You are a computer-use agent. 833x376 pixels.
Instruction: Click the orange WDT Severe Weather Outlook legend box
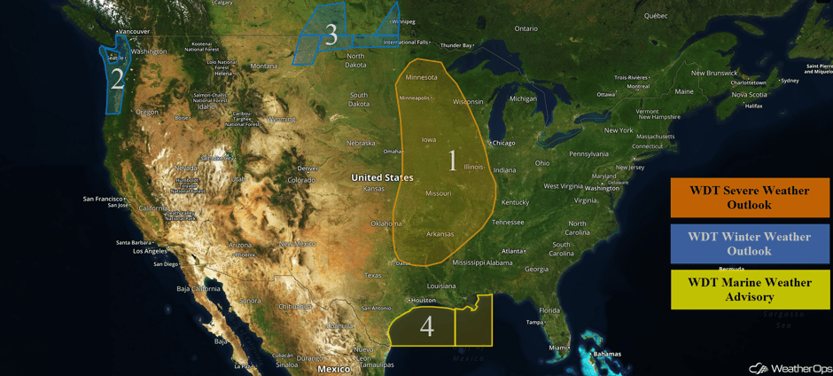pyautogui.click(x=750, y=197)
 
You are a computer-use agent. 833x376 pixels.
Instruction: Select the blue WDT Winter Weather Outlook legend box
pyautogui.click(x=750, y=244)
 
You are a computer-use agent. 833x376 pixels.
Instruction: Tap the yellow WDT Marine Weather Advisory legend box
pyautogui.click(x=750, y=289)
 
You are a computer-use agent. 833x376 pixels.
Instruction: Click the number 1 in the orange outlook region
pyautogui.click(x=453, y=161)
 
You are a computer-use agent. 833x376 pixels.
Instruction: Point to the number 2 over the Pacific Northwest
pyautogui.click(x=117, y=80)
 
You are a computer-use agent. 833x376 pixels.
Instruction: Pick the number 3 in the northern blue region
pyautogui.click(x=331, y=35)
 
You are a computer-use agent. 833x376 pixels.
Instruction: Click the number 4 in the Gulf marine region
pyautogui.click(x=426, y=325)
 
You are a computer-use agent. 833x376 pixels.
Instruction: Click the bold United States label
pyautogui.click(x=382, y=177)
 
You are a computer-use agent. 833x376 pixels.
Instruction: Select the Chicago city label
pyautogui.click(x=503, y=143)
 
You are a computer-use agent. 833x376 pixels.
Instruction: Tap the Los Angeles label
pyautogui.click(x=150, y=251)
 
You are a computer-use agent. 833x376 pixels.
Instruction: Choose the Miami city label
pyautogui.click(x=557, y=348)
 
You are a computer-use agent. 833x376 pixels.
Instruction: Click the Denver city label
pyautogui.click(x=308, y=168)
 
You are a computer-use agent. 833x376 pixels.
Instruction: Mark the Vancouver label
pyautogui.click(x=134, y=32)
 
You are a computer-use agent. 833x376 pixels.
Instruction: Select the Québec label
pyautogui.click(x=655, y=15)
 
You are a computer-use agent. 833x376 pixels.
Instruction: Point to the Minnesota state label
pyautogui.click(x=421, y=77)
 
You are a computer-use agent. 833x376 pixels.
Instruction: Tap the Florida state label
pyautogui.click(x=549, y=310)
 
